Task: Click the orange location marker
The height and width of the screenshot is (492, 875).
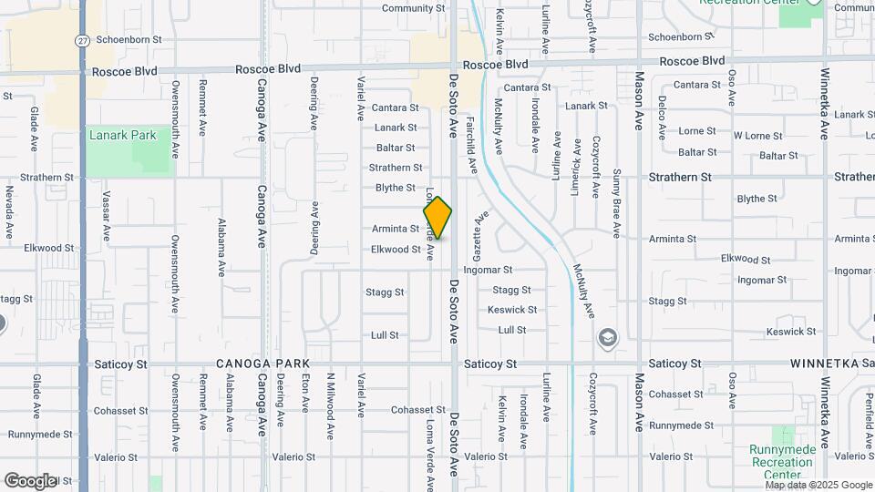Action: [437, 218]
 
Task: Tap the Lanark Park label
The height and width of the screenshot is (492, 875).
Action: [123, 136]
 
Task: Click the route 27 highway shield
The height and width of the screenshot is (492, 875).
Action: [83, 40]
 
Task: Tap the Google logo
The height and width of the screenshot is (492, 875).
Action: [30, 480]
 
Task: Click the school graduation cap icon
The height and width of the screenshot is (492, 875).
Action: [606, 339]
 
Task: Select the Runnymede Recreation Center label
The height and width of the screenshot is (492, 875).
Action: [781, 461]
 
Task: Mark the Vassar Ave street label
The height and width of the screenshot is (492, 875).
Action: [107, 216]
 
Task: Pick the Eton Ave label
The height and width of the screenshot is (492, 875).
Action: [305, 393]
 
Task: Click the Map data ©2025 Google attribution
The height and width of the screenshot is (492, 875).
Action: [820, 485]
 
